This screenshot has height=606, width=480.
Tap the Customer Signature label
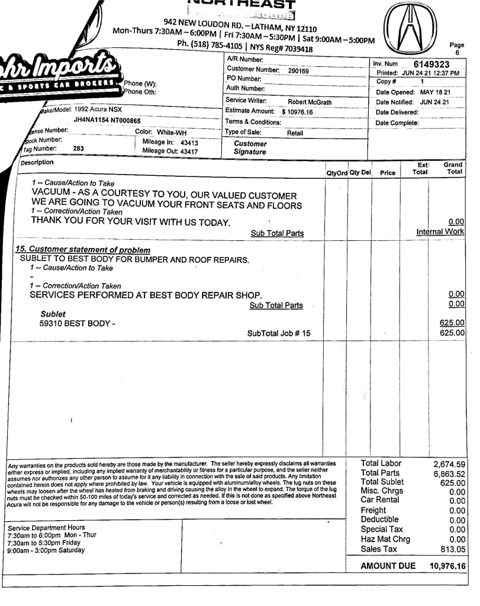tap(250, 147)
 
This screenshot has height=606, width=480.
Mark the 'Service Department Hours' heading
tap(47, 527)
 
